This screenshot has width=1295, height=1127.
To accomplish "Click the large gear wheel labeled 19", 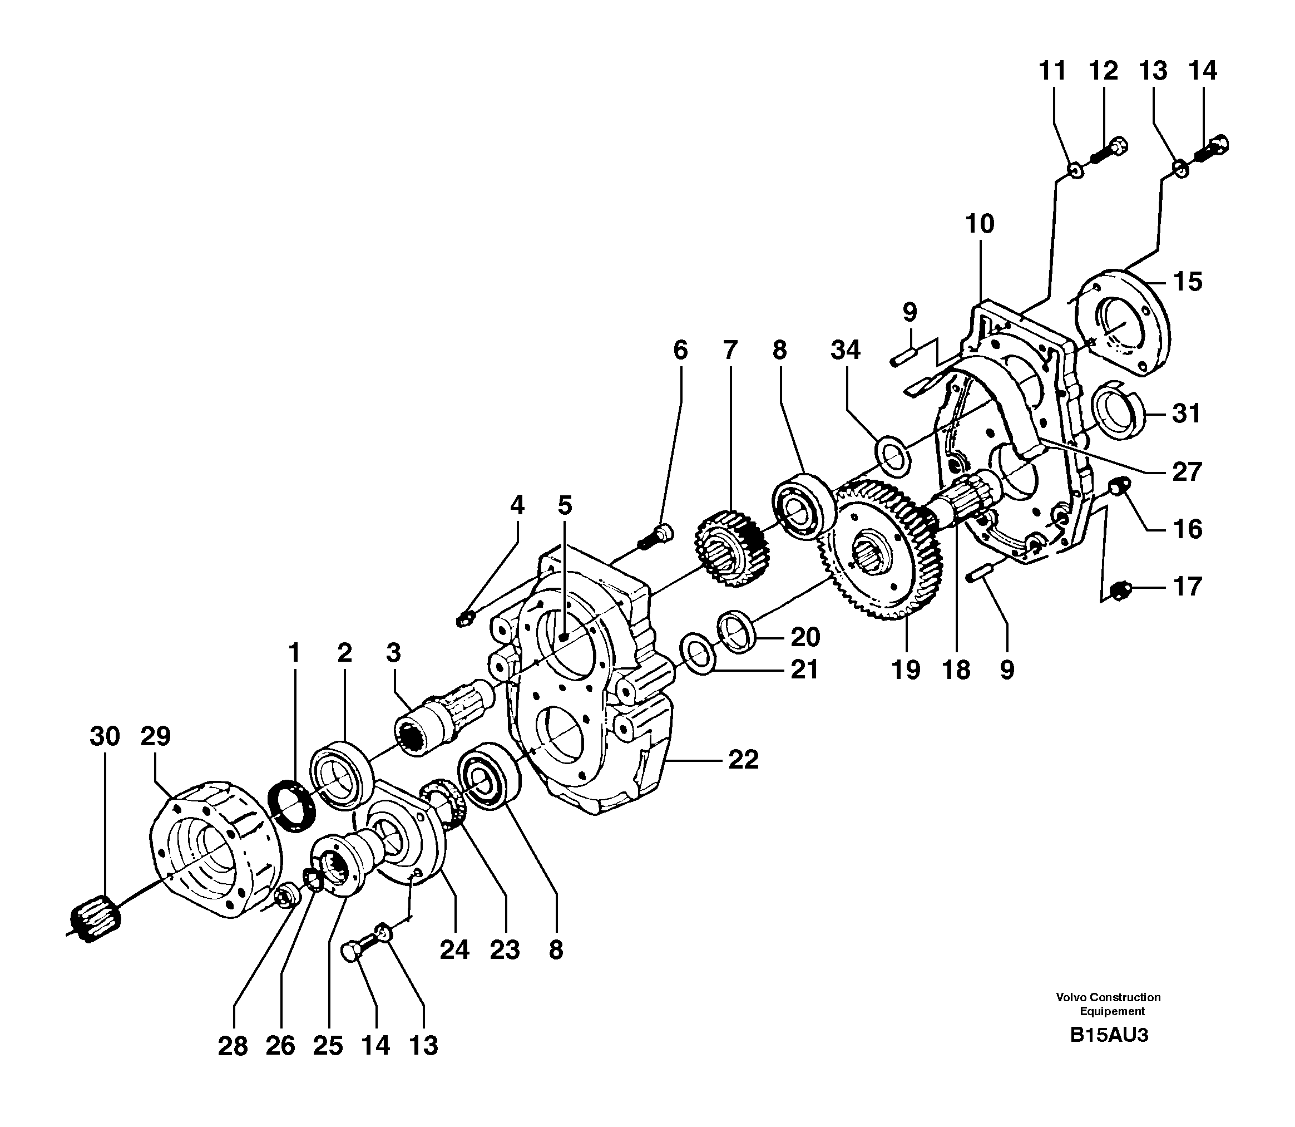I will tap(880, 553).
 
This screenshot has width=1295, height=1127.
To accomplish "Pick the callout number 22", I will tap(743, 760).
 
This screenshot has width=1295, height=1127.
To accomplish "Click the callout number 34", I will tap(846, 350).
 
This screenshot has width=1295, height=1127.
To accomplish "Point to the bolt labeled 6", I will tap(655, 538).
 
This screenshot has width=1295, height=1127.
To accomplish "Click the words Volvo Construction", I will tap(1108, 997).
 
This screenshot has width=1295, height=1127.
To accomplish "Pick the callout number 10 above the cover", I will tap(980, 224).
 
